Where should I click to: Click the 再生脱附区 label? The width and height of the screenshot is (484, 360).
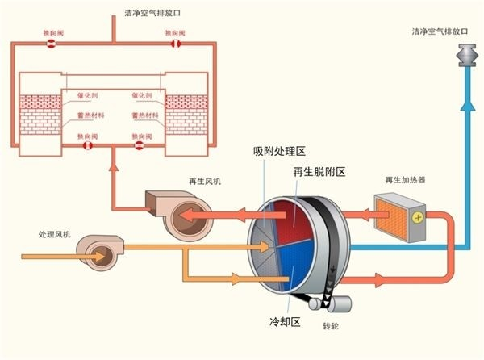tap(319, 172)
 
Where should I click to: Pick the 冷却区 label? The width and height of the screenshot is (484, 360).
tap(284, 322)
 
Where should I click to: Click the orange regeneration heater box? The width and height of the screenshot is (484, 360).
tap(396, 213)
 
